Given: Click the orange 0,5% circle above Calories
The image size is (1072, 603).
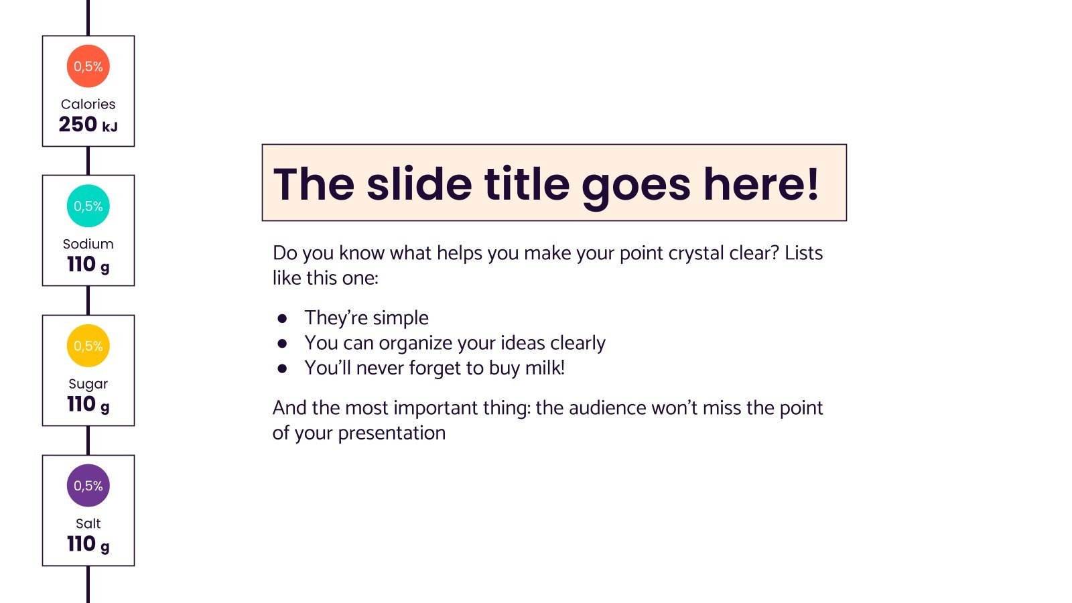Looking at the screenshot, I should [88, 66].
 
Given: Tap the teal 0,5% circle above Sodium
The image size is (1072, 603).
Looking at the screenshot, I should [88, 206].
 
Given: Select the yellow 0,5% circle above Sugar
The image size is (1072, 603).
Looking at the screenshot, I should [88, 346].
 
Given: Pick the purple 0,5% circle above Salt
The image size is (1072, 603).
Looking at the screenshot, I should [88, 486].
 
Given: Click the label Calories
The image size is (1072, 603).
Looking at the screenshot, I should [88, 104].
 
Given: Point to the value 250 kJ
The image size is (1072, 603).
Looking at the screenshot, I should [88, 125].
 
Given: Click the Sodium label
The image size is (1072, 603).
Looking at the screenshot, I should [88, 244].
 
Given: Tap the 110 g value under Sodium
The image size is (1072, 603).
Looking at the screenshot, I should [88, 265].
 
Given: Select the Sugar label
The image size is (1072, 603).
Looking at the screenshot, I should [88, 384].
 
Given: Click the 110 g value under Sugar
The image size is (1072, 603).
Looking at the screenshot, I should [88, 405].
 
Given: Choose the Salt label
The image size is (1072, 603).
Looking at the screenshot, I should [88, 524].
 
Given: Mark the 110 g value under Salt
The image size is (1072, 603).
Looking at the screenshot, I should [88, 544].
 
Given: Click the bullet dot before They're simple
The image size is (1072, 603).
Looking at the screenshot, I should [283, 318].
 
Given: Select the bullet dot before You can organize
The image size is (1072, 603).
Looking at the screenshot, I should [283, 343].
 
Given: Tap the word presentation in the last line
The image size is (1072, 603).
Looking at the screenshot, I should [391, 433].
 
